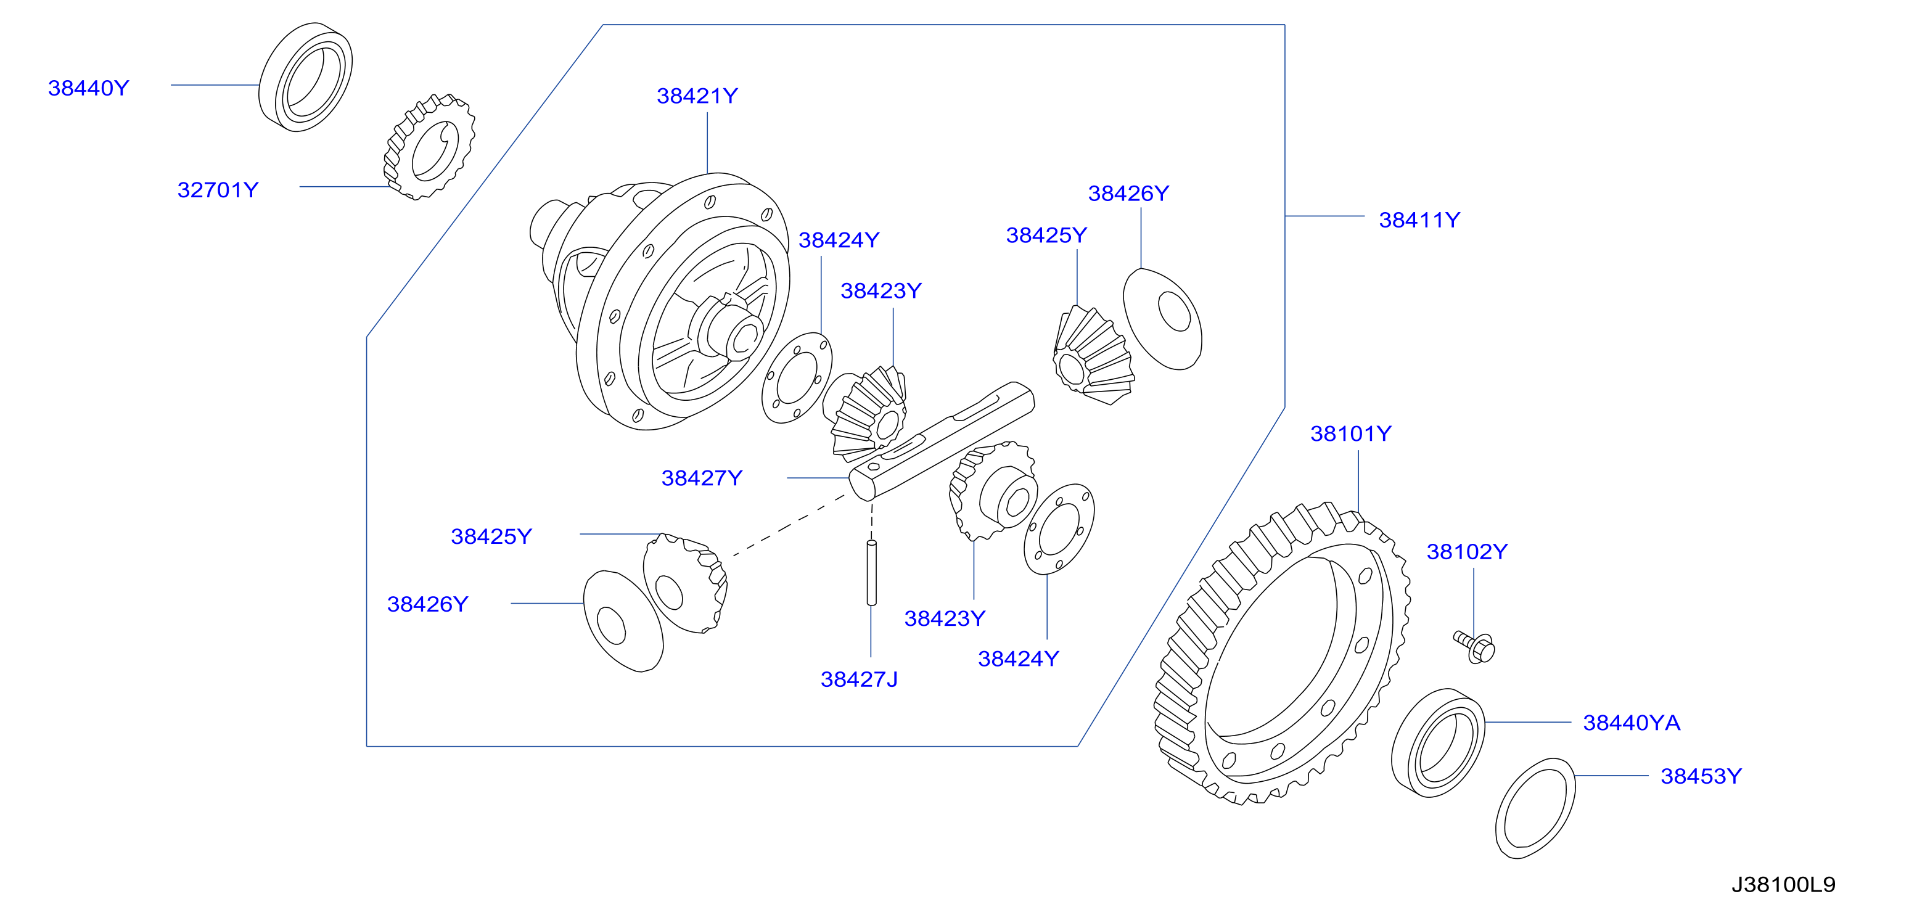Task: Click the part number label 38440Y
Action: [x=88, y=88]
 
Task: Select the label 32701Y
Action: [x=218, y=190]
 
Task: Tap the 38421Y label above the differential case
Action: [x=697, y=96]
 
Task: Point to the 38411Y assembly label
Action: [x=1419, y=220]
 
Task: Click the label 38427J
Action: [x=859, y=679]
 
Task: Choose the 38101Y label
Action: [x=1351, y=433]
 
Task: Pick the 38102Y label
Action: [x=1468, y=551]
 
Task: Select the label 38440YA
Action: [x=1632, y=723]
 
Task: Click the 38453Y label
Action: [x=1701, y=776]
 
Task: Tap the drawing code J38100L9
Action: [x=1783, y=885]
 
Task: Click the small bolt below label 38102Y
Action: [x=1475, y=647]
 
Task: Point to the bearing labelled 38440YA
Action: [x=1438, y=743]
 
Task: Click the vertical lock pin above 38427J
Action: [x=871, y=573]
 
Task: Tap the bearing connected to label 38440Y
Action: [x=305, y=77]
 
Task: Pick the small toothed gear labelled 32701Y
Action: [x=429, y=147]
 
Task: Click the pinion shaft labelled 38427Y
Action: [x=941, y=441]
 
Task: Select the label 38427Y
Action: [x=702, y=478]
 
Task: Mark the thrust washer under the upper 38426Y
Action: [x=1162, y=319]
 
